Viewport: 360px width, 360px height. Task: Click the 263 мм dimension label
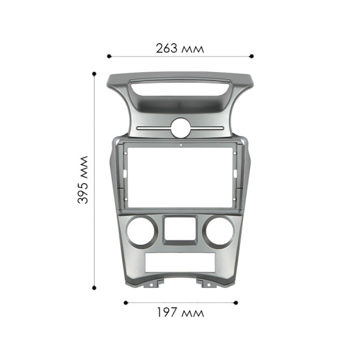(179, 48)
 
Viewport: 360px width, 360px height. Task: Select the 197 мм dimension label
(180, 313)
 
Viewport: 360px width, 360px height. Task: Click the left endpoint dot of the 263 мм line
(109, 56)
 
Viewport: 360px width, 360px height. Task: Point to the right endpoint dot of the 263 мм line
(252, 56)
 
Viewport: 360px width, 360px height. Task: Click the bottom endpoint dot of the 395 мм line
(94, 286)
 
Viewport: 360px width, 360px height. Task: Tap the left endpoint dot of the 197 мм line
(125, 302)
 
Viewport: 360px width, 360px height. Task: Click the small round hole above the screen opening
(180, 128)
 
